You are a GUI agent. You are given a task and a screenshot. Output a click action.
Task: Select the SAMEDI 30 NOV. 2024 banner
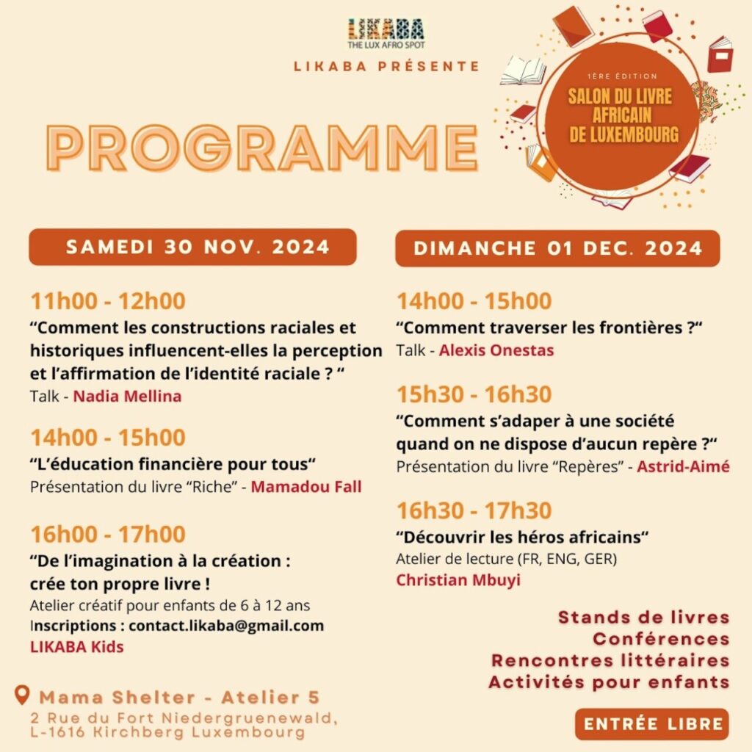click(x=192, y=247)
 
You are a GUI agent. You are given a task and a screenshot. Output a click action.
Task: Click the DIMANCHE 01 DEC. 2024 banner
click(x=557, y=248)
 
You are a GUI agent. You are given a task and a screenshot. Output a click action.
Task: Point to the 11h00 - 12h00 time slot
click(x=107, y=301)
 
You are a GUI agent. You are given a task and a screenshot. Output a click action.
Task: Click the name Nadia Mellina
click(x=127, y=397)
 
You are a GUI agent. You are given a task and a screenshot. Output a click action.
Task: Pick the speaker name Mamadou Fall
click(x=306, y=487)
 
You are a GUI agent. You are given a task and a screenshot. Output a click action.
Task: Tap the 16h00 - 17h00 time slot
click(x=107, y=534)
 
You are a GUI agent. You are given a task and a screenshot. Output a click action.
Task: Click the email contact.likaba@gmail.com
click(x=226, y=626)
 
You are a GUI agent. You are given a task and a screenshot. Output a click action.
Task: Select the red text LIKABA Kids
click(x=76, y=647)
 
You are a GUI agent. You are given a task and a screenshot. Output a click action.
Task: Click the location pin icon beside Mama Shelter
click(x=23, y=695)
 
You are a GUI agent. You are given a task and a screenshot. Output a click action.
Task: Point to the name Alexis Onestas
click(x=496, y=351)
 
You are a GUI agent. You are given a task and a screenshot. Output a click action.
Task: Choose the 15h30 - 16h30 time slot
click(x=474, y=394)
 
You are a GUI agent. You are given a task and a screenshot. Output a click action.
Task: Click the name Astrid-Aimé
click(x=683, y=466)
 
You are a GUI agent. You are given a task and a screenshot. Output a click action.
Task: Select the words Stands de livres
click(x=643, y=617)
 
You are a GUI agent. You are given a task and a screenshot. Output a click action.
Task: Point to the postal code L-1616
click(x=57, y=732)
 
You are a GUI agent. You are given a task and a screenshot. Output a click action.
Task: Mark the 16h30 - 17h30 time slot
click(x=474, y=510)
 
